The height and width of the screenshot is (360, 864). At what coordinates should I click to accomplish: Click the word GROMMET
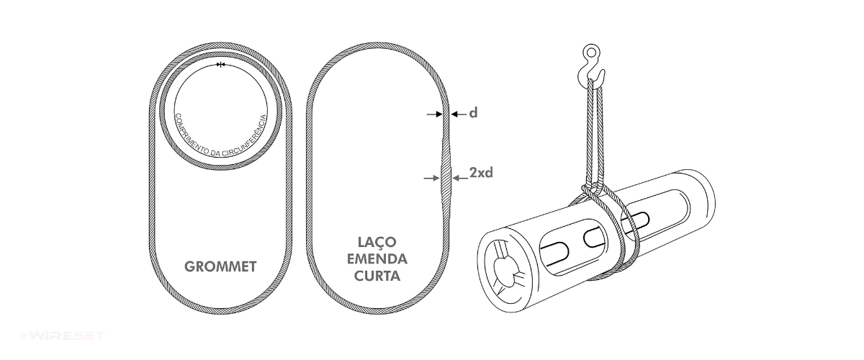(221, 266)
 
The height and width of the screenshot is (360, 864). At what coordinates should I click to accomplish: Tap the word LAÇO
(377, 242)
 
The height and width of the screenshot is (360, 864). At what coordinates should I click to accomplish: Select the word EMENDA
(377, 258)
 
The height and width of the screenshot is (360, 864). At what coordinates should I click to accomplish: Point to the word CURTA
(377, 276)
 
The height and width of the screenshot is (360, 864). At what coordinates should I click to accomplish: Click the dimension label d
(473, 114)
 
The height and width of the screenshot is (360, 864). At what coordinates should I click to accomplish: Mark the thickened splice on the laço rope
(447, 176)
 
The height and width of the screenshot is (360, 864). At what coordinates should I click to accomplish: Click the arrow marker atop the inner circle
(220, 66)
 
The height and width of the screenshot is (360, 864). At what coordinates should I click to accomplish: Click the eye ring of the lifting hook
(591, 53)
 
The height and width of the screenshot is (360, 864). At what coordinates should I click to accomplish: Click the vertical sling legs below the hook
(595, 130)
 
